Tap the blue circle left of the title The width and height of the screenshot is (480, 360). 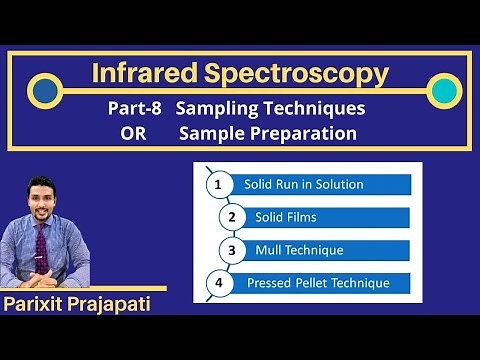[x=43, y=92]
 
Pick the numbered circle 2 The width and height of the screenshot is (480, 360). [x=232, y=217]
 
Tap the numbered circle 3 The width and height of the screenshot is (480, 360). [x=232, y=250]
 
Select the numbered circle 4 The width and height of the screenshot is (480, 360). [x=217, y=283]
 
